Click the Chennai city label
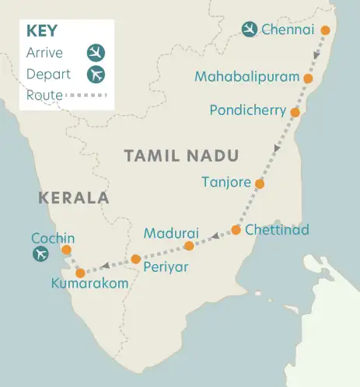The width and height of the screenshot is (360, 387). tap(288, 30)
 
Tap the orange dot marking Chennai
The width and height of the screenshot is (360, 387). tap(326, 32)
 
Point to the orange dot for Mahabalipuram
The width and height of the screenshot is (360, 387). tap(309, 78)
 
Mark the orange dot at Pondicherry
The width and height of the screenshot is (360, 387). tap(295, 112)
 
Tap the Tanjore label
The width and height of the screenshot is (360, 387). tap(225, 183)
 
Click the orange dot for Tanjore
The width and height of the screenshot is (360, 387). tap(260, 184)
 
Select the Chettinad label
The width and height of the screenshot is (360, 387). tap(277, 230)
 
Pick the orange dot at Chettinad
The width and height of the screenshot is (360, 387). tap(236, 230)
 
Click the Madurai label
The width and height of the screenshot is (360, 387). tap(172, 233)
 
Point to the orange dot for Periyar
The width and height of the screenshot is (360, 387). tap(135, 259)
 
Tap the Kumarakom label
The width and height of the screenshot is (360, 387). tap(89, 284)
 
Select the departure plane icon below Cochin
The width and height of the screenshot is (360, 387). tap(40, 254)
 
